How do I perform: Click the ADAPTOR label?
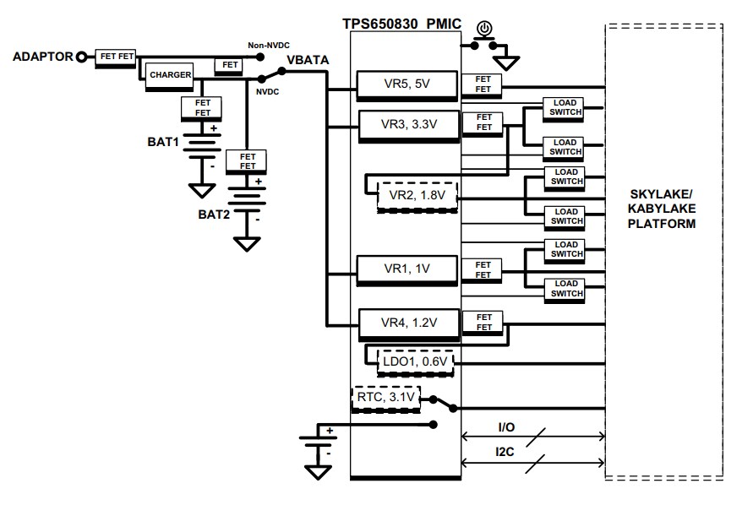pyautogui.click(x=41, y=57)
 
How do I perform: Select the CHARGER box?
pyautogui.click(x=171, y=75)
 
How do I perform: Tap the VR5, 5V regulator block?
pyautogui.click(x=406, y=84)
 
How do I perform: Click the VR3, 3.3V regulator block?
pyautogui.click(x=409, y=123)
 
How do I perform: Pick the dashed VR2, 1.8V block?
pyautogui.click(x=417, y=196)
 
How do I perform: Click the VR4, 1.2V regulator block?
pyautogui.click(x=408, y=323)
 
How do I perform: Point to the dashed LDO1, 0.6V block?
pyautogui.click(x=416, y=362)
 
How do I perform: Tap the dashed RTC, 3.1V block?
pyautogui.click(x=385, y=398)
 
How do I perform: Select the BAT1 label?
pyautogui.click(x=164, y=143)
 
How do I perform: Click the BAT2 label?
pyautogui.click(x=214, y=214)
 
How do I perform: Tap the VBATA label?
pyautogui.click(x=308, y=60)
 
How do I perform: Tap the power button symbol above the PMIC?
pyautogui.click(x=484, y=30)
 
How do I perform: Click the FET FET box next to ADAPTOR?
pyautogui.click(x=117, y=57)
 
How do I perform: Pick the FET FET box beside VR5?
pyautogui.click(x=483, y=84)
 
